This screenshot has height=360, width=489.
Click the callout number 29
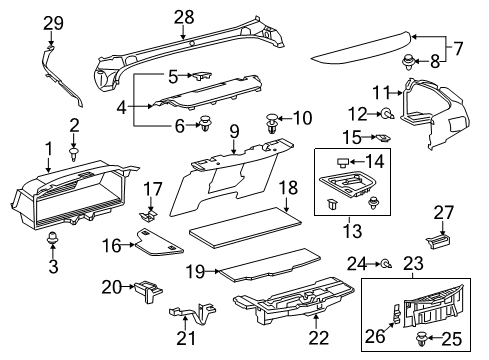pos(53,23)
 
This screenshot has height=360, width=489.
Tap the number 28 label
pos(184,17)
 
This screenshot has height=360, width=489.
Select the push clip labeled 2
pos(74,153)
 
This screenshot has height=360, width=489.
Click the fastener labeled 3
pos(51,238)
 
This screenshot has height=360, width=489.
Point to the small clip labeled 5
pos(201,75)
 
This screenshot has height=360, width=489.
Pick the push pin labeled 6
pos(206,123)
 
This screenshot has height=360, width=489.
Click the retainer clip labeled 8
pos(408,62)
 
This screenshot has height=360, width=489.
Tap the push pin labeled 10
pos(272,124)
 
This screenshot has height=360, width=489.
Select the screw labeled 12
pos(387,114)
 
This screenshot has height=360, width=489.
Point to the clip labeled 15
pos(383,137)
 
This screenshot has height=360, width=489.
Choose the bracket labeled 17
pos(148,215)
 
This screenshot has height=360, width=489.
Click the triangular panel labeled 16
pos(159,242)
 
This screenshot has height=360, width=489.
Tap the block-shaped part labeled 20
pos(148,291)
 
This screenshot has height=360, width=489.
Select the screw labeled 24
pos(387,264)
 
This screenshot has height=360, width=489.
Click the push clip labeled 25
pos(422,337)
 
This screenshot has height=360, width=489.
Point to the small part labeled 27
pos(438,241)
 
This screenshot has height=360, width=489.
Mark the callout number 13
pos(352,231)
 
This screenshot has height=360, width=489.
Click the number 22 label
pos(319,337)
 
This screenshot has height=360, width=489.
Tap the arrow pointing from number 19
pos(212,271)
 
